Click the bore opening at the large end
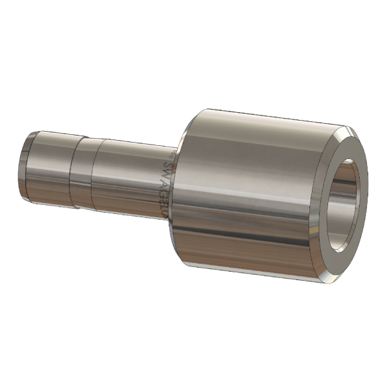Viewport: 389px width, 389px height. (347, 204)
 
